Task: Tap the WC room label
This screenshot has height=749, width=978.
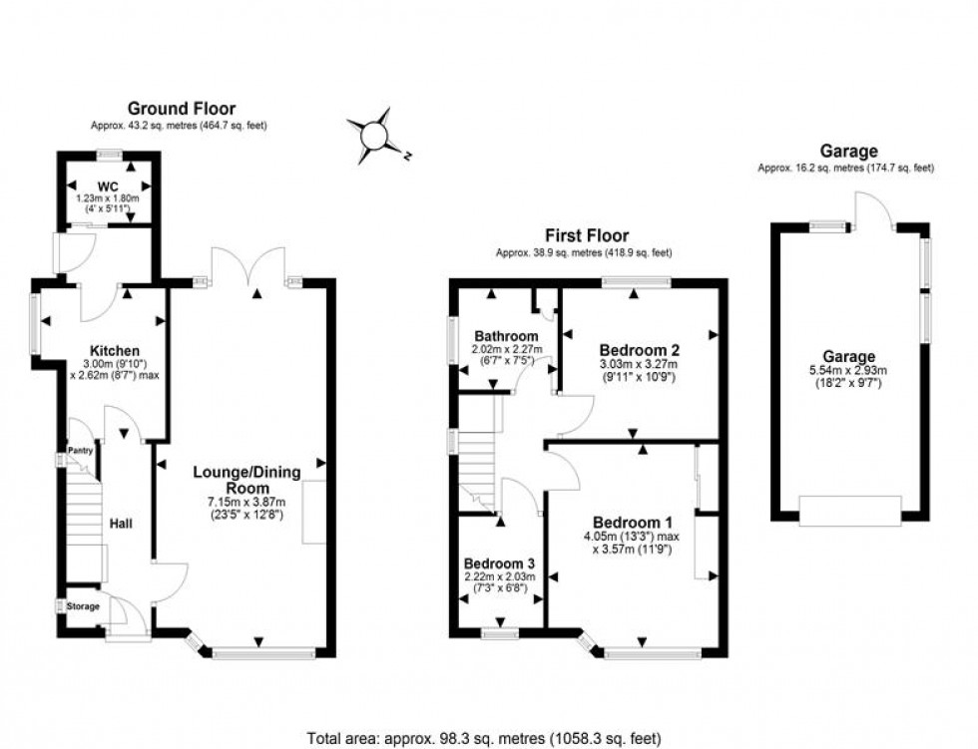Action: point(108,187)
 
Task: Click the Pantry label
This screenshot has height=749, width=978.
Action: point(79,452)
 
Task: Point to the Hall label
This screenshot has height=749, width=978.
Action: point(121,523)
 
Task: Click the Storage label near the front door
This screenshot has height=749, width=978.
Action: point(84,606)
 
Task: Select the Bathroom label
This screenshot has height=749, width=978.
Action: point(506,336)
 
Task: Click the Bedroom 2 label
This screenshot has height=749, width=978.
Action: point(639,350)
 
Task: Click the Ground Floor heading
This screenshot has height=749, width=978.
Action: point(181,109)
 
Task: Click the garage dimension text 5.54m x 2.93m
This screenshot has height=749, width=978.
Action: point(848,370)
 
